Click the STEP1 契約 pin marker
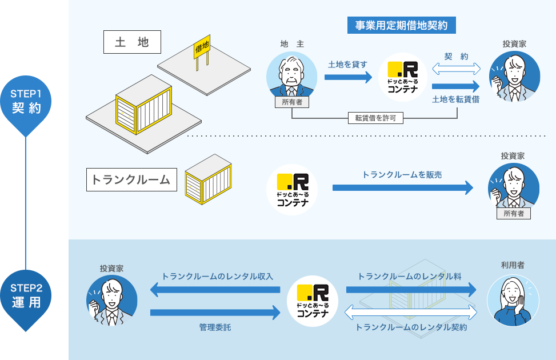pos(26,102)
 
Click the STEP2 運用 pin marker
pos(26,296)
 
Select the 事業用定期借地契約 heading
pos(401,25)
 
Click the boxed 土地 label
pos(131,42)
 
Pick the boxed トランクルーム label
pos(131,179)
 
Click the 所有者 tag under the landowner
pos(292,102)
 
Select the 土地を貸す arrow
pos(348,77)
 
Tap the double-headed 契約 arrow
pos(456,69)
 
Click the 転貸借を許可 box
pos(375,118)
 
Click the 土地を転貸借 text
pos(455,99)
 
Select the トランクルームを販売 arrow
pos(403,187)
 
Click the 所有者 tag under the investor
pos(513,214)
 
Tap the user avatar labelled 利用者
pos(513,301)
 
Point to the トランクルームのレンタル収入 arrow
pos(215,290)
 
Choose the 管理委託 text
pos(215,327)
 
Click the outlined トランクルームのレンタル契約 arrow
pos(411,312)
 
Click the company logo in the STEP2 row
pos(313,300)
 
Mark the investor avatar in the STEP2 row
pos(111,301)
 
